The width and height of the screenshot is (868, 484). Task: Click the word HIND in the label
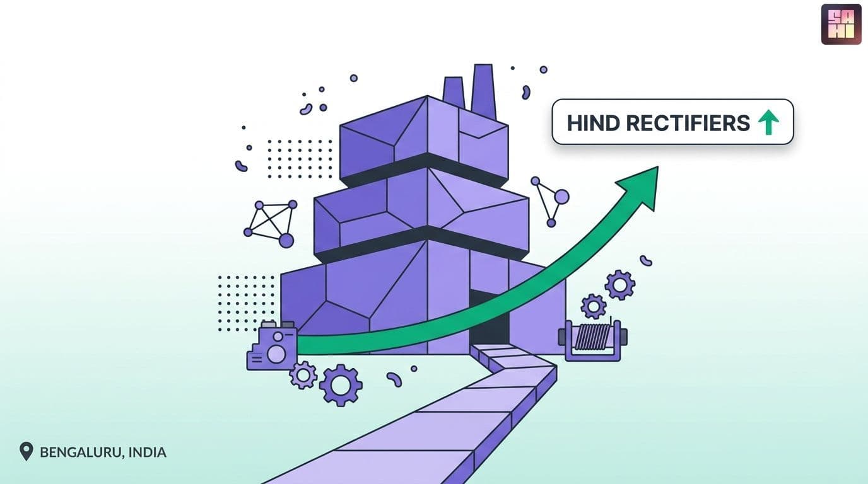coord(593,123)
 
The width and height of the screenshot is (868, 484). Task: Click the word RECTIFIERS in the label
coord(688,123)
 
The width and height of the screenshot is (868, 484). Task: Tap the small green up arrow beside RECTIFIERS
coord(768,122)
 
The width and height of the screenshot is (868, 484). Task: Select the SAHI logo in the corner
coord(841,25)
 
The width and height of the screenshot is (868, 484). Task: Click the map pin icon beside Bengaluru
coord(26,451)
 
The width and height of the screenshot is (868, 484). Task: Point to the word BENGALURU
coord(81,452)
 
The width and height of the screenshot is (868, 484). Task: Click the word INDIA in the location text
coord(147,452)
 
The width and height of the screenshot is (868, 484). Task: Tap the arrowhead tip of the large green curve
coord(658,167)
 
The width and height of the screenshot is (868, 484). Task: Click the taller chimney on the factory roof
coord(483,92)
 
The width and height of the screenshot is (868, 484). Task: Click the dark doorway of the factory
coord(489,318)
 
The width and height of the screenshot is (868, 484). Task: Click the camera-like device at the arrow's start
coord(273,346)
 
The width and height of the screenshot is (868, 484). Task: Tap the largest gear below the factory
coord(341,385)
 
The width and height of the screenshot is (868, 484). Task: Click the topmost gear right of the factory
coord(620,285)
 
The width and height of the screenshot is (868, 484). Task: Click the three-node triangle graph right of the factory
coord(550,201)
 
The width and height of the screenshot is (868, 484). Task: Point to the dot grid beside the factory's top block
coord(300,159)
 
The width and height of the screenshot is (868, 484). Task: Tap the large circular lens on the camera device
coord(276,354)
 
